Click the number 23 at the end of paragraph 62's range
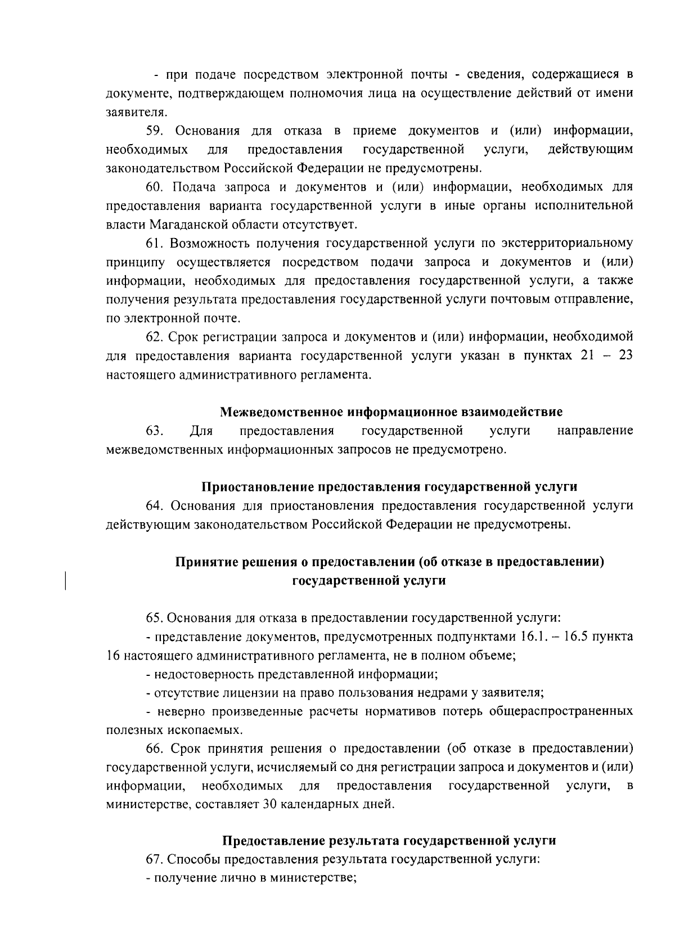(625, 356)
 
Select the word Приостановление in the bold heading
(254, 487)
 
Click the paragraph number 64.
(155, 506)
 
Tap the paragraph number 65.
(155, 618)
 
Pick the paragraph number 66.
(155, 749)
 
